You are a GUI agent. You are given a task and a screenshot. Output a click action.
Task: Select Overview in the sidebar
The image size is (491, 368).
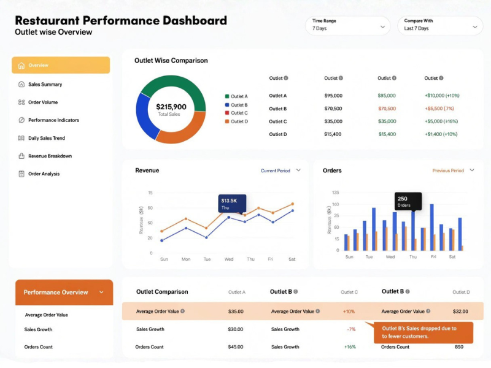pos(60,65)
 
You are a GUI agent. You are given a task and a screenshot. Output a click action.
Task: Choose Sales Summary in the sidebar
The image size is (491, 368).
pos(45,85)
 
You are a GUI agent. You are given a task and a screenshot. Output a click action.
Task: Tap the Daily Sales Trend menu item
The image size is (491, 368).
pos(46,138)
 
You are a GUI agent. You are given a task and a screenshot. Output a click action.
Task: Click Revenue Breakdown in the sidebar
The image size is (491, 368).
pos(50,156)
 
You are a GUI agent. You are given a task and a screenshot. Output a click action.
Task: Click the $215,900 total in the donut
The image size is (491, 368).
pos(171,107)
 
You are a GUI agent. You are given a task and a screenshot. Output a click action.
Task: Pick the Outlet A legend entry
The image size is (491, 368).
pos(236,96)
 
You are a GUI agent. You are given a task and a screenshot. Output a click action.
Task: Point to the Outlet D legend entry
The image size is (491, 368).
pos(236,121)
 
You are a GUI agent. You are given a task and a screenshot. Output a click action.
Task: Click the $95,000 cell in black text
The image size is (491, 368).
pos(333,96)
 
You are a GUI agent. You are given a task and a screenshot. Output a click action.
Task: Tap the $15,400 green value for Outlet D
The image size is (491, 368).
pos(387,134)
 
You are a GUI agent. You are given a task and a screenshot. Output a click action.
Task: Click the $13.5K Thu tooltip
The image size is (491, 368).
pos(232,204)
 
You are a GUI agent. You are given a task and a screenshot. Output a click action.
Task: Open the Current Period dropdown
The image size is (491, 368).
pos(280,171)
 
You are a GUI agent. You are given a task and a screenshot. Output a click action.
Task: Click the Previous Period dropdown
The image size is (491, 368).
pos(453,171)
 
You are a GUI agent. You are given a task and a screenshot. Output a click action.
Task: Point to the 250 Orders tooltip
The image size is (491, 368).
pos(408,201)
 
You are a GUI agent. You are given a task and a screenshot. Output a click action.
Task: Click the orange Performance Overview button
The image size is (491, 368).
pos(64,293)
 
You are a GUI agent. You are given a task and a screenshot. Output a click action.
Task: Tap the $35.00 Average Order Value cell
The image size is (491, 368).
pos(236,312)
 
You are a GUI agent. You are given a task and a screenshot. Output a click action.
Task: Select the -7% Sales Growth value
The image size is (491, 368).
pos(351,329)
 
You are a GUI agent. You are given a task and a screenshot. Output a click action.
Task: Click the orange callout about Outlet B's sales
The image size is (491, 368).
pos(423,332)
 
